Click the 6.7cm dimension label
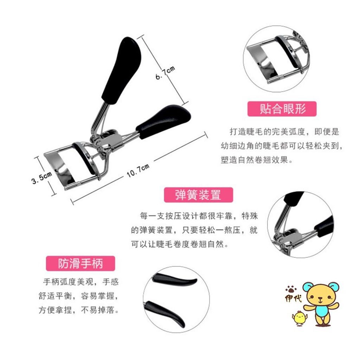(165, 72)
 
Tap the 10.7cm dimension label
(138, 171)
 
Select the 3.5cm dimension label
(41, 178)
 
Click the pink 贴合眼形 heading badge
(282, 109)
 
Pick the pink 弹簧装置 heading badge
(198, 195)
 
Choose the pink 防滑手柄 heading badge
(81, 263)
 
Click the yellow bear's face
(321, 296)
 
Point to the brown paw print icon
(291, 288)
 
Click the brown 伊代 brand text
(293, 298)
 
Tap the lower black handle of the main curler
(163, 121)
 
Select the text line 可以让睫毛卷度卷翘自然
(180, 244)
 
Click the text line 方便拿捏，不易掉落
(79, 310)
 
